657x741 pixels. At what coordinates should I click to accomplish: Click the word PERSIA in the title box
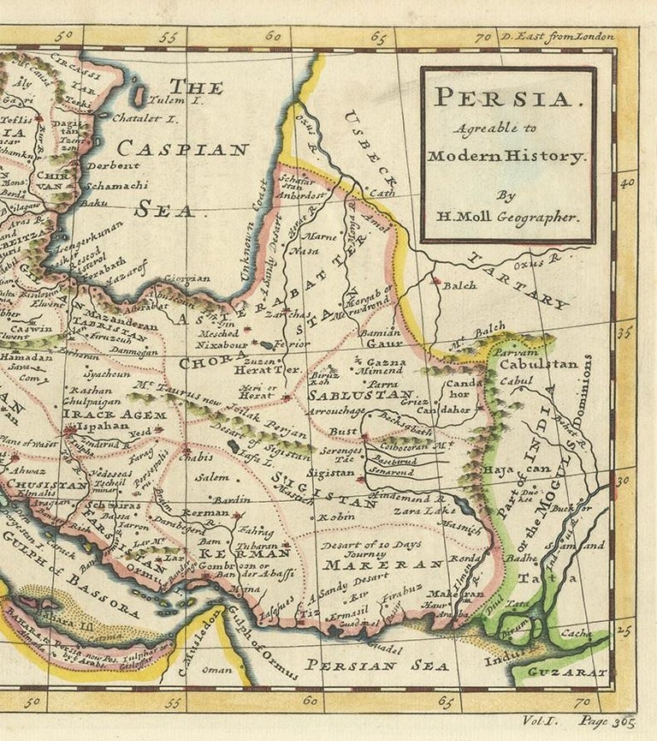[507, 98]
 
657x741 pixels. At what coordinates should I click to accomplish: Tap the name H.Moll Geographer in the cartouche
[508, 217]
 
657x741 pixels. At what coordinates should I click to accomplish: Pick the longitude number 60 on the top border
[273, 37]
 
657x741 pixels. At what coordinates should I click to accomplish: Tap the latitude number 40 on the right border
[625, 182]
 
